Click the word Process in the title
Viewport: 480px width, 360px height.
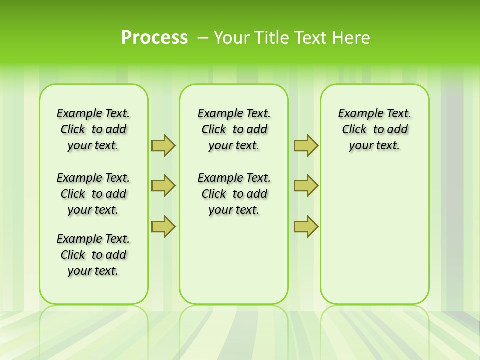pos(154,38)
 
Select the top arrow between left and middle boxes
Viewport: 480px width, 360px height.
pos(163,145)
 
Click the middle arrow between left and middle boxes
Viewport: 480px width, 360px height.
pos(163,186)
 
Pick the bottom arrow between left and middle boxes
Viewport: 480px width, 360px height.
pos(163,227)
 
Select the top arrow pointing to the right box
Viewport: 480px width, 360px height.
pos(306,145)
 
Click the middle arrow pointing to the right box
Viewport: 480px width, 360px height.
pos(306,186)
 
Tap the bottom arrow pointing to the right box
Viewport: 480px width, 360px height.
pos(306,227)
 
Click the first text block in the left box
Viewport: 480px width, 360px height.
pos(93,129)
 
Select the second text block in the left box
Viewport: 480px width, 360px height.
pos(93,194)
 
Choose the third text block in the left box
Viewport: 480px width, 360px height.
pos(93,255)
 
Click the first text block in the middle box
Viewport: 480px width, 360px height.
pos(234,129)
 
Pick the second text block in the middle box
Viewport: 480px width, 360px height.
pos(234,194)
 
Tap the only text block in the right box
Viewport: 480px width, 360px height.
pos(375,129)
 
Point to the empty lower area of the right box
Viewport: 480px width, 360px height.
pos(375,235)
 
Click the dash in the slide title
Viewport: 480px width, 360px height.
pos(203,38)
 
